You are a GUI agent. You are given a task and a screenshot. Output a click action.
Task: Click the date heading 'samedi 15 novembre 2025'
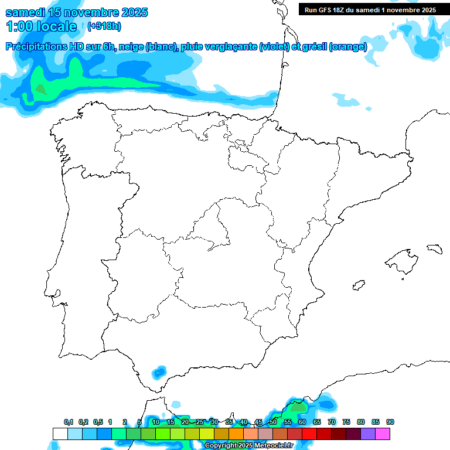[x=76, y=12]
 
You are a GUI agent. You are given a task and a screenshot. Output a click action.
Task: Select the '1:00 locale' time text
[x=42, y=26]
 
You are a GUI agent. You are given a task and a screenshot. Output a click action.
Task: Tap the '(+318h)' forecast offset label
[x=104, y=26]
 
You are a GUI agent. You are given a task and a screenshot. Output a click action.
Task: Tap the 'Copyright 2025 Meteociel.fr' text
[x=248, y=446]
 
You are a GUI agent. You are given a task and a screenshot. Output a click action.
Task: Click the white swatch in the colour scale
[x=60, y=434]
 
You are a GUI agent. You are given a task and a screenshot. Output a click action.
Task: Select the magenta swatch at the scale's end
[x=383, y=434]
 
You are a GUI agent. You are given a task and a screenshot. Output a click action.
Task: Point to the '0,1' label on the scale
[x=69, y=422]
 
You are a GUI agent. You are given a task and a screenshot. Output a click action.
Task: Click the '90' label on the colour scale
[x=390, y=422]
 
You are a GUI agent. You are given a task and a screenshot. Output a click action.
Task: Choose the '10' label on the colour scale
[x=156, y=422]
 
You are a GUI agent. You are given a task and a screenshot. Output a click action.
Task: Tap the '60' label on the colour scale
[x=302, y=422]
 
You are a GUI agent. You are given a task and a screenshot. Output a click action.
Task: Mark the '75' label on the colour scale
[x=346, y=422]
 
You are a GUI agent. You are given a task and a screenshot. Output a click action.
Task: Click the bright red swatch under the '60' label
[x=309, y=434]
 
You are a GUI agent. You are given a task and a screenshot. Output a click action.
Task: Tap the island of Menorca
[x=434, y=248]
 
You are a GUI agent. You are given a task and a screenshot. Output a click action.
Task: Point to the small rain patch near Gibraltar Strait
[x=159, y=372]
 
